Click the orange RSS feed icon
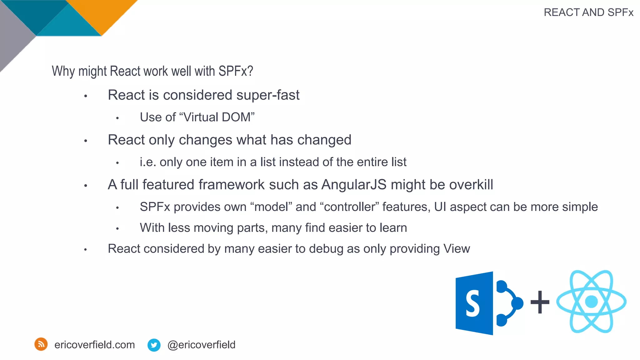[x=41, y=344]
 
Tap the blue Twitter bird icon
[x=154, y=345]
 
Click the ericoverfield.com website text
[x=94, y=345]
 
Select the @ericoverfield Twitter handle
[x=201, y=345]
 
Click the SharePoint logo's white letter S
[x=472, y=303]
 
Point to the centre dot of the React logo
[x=591, y=302]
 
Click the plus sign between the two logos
[x=540, y=302]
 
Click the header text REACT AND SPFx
[x=588, y=12]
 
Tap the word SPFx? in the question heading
[x=236, y=71]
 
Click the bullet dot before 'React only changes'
[x=86, y=141]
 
